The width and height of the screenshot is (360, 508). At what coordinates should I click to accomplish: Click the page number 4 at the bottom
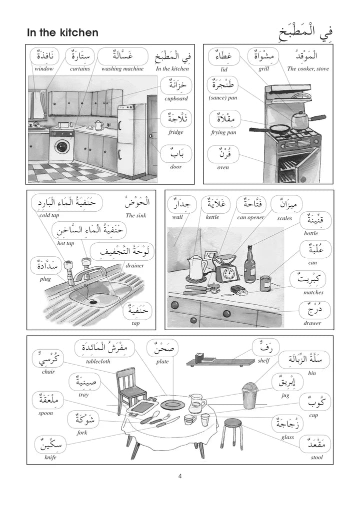180,476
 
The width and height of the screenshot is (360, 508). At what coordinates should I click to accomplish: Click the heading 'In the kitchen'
62,33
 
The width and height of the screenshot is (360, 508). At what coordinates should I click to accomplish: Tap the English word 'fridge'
176,132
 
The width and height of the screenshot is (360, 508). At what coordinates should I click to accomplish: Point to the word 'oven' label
223,167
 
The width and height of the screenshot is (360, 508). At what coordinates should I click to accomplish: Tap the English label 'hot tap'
65,243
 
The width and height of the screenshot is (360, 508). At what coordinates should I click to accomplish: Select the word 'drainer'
134,266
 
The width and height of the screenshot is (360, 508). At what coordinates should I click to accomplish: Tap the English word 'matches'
313,292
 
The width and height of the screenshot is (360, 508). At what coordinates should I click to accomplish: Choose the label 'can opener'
250,217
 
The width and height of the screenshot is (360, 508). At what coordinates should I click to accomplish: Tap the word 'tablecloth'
98,362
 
